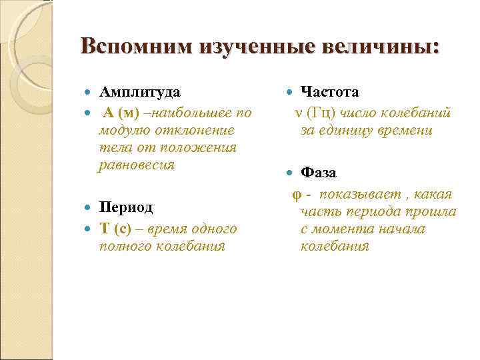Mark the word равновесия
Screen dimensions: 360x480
[136, 165]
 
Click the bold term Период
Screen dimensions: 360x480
[127, 207]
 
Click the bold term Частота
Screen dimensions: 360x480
[330, 91]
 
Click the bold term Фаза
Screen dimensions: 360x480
[318, 173]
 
